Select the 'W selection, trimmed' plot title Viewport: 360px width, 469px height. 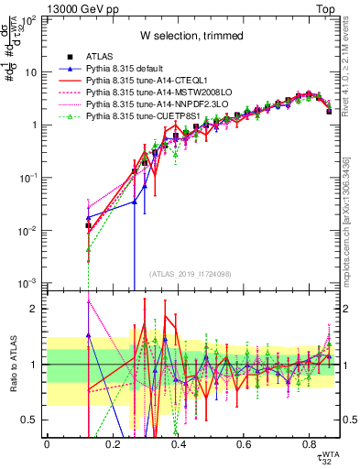point(191,36)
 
